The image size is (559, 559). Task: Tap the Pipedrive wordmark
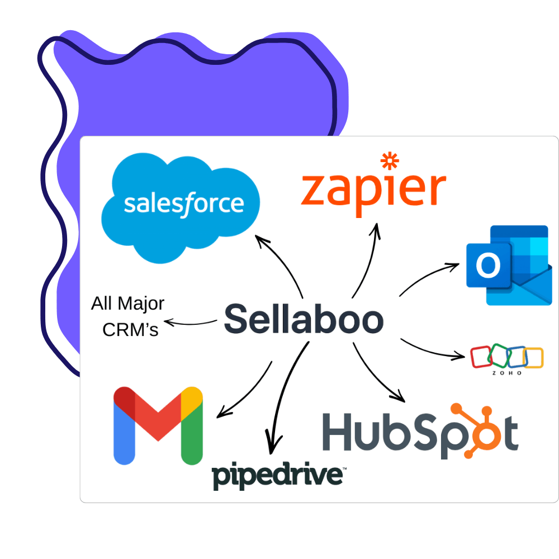click(x=278, y=476)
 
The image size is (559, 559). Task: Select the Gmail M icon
click(x=158, y=425)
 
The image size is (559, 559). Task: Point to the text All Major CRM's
click(x=129, y=316)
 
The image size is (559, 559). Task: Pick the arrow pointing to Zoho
click(x=433, y=350)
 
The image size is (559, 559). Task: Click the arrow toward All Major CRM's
click(x=190, y=323)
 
